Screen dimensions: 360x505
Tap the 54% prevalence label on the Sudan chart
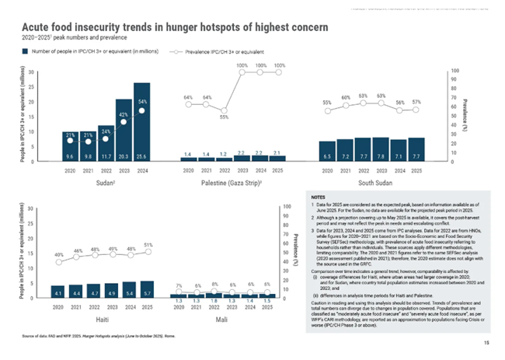point(143,102)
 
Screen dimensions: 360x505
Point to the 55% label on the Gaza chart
point(223,117)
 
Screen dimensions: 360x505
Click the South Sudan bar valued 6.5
point(328,151)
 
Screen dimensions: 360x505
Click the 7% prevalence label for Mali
point(179,287)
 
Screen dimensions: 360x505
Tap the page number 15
point(486,343)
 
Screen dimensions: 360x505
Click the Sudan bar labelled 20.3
point(124,130)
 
